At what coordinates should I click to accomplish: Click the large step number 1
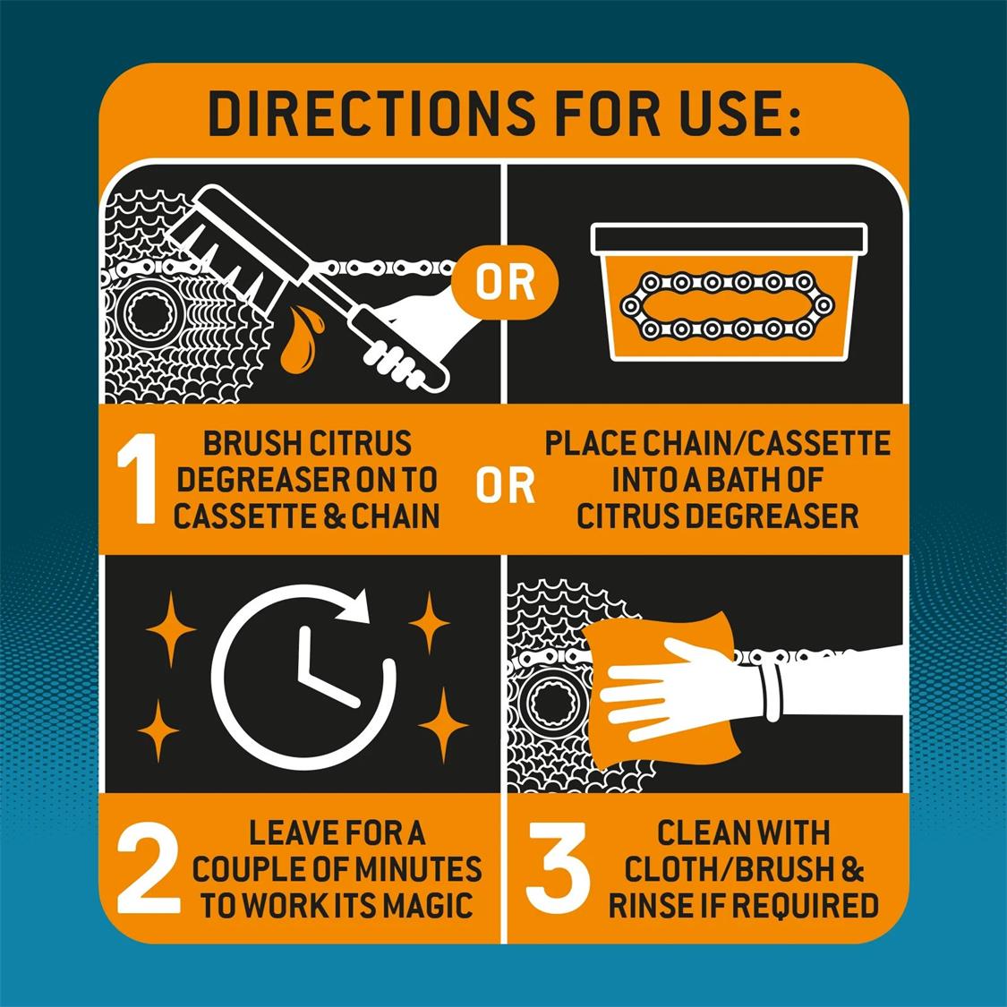point(138,478)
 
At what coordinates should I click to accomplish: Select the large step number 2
point(149,867)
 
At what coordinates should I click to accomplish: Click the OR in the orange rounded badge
point(505,283)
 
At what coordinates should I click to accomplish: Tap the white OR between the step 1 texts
point(505,485)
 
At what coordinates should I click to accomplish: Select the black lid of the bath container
point(729,239)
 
